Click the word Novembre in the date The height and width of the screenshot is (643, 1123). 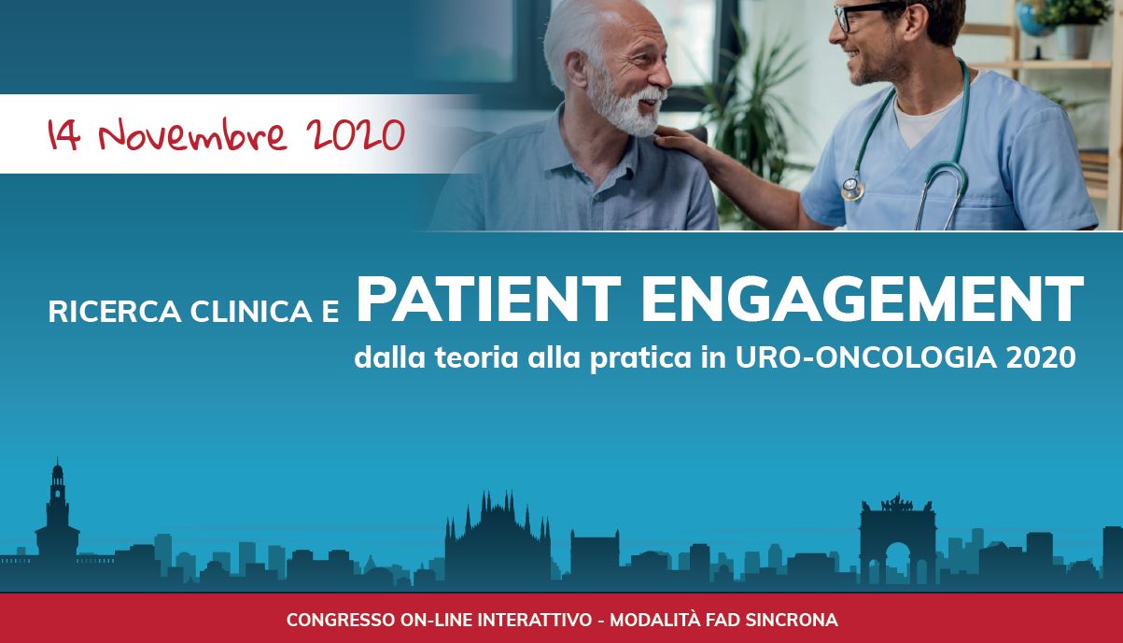coord(193,134)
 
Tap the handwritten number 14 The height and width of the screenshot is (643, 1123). coord(63,134)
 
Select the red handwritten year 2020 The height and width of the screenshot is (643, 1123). coord(355,134)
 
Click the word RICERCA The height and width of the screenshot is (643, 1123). coord(115,312)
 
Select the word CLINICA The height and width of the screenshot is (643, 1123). coord(251,312)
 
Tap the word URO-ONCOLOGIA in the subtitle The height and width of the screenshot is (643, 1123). coord(866,357)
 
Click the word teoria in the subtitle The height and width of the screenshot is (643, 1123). coord(476,357)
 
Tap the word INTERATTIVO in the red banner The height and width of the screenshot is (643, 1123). coord(535,620)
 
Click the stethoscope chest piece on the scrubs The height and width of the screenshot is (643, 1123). coord(852,189)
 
